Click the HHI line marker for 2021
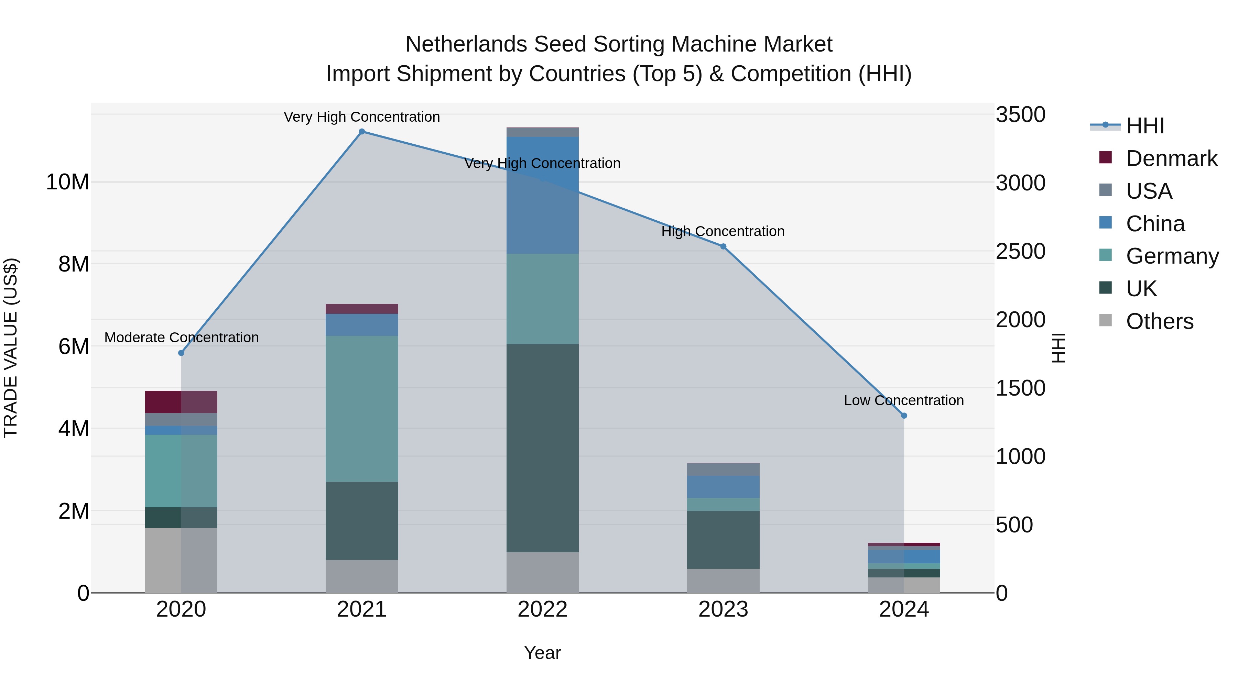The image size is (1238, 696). tap(362, 132)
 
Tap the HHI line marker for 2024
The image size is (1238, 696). tap(904, 416)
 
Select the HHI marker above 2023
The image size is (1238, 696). tap(723, 246)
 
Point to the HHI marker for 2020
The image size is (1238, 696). tap(181, 353)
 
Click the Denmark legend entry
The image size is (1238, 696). tap(1171, 158)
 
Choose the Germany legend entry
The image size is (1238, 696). tap(1172, 256)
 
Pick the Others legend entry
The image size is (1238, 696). tap(1159, 321)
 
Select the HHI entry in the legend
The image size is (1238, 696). tap(1145, 126)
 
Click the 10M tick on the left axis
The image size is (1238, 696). tap(67, 182)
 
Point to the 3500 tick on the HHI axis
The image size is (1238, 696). tap(1020, 115)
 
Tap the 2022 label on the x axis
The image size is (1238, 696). tap(543, 609)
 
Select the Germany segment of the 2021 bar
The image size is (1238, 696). tap(362, 408)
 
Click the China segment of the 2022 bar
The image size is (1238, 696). tap(543, 195)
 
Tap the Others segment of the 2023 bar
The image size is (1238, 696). tap(723, 581)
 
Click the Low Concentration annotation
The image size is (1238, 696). tap(903, 401)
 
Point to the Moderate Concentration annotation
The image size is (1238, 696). tap(181, 338)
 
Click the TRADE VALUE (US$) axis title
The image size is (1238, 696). tap(11, 348)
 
